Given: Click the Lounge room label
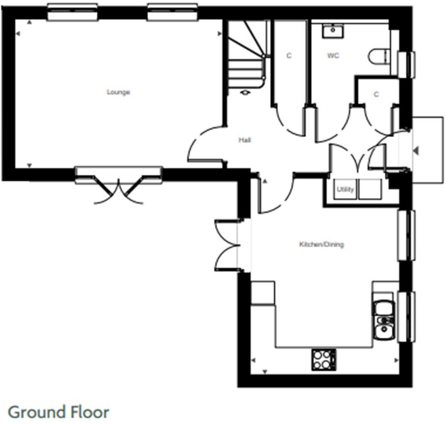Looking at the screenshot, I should (118, 92).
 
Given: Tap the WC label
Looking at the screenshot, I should (333, 56).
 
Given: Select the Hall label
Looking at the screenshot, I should (245, 140).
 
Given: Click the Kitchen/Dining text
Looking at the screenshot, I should (322, 245).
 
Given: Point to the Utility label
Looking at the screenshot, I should (345, 190).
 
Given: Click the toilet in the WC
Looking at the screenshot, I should (379, 57).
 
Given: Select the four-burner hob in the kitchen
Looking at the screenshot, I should (323, 359).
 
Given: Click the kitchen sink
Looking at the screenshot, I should (383, 319).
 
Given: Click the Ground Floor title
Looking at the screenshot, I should (59, 412).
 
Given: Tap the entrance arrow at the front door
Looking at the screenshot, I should (416, 150).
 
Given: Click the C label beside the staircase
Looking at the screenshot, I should (289, 56).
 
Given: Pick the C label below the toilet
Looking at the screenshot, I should (376, 95).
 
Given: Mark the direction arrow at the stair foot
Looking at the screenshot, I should (245, 92).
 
